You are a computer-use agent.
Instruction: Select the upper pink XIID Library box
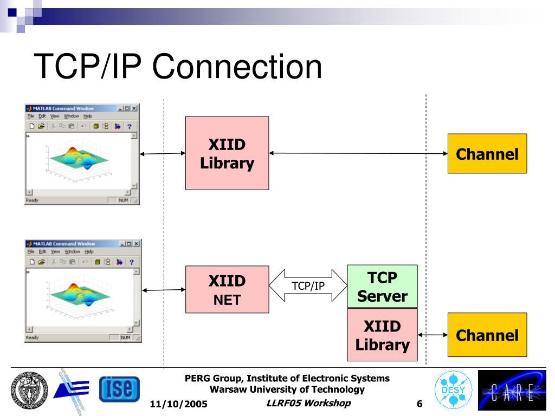[227, 153]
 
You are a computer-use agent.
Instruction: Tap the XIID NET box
[227, 289]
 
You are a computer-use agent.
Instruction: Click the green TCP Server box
[382, 287]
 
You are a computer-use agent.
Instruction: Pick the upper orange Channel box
[487, 154]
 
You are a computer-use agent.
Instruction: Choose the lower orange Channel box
[487, 335]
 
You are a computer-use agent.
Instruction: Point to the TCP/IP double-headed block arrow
[308, 285]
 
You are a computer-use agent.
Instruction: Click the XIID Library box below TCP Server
[382, 335]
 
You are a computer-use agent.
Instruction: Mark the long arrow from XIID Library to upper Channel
[358, 153]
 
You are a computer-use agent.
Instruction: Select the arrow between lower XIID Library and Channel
[433, 335]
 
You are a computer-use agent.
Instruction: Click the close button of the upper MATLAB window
[134, 108]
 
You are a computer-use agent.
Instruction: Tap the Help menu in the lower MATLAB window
[89, 251]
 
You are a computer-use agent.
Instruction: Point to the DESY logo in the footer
[453, 389]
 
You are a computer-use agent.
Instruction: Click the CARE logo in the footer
[512, 390]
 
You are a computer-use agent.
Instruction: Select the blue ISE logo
[119, 390]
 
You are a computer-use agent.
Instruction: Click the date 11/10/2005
[178, 404]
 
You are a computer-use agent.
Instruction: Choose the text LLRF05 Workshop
[309, 403]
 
